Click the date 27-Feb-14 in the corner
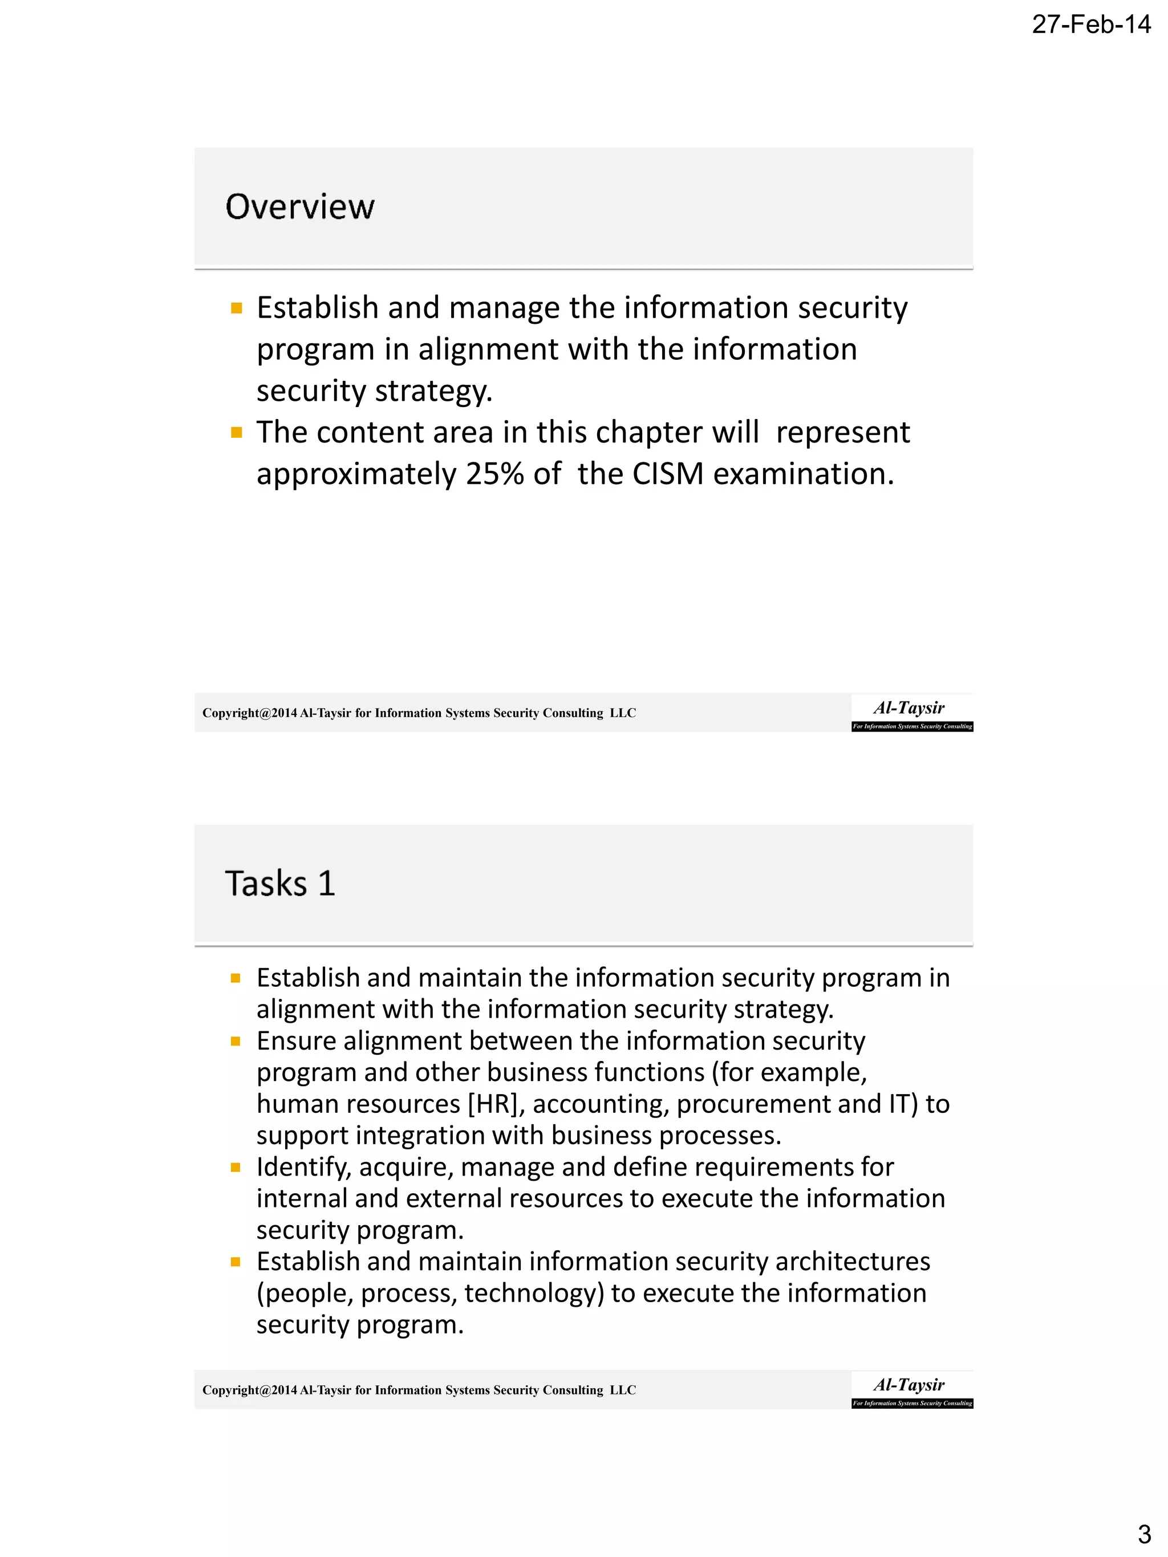point(1090,25)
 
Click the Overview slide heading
point(299,207)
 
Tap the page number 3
point(1144,1532)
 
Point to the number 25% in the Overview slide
point(494,474)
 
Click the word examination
point(802,474)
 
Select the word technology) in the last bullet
point(534,1293)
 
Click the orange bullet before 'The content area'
point(237,432)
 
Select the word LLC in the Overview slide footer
point(622,713)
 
